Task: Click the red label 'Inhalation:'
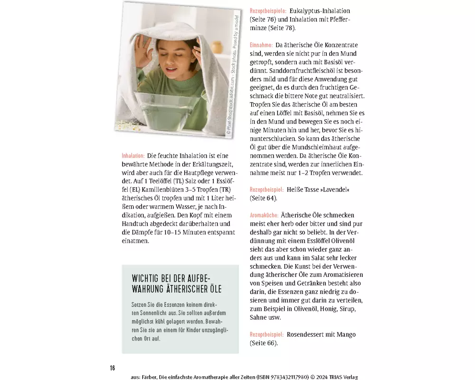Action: (x=133, y=156)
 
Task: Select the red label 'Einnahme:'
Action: (x=261, y=45)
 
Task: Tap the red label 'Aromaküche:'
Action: (x=264, y=216)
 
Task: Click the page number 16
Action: (x=113, y=368)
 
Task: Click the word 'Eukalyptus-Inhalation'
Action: (x=319, y=10)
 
